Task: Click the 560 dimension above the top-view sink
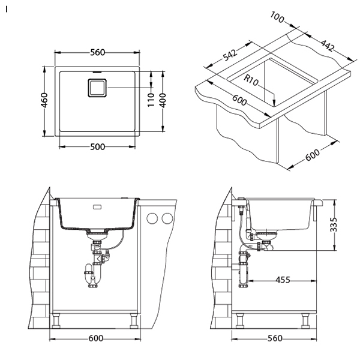97,52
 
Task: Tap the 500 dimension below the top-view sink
97,147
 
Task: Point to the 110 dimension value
151,100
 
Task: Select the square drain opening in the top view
97,88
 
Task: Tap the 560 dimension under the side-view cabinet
275,338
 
